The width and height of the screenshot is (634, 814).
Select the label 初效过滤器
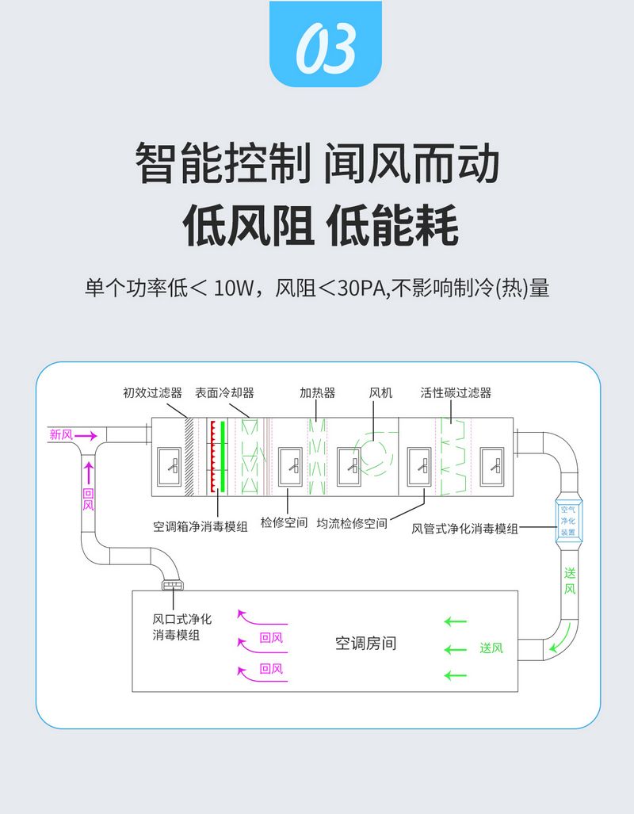(152, 392)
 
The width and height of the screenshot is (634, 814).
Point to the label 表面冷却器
(224, 392)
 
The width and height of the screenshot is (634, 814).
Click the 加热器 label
(317, 392)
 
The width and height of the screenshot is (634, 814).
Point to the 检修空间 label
(284, 524)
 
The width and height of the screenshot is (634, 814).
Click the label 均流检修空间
(352, 524)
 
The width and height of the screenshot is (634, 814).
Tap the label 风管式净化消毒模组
(464, 529)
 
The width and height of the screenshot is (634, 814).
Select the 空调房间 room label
(365, 644)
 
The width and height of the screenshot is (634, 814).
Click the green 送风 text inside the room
(491, 648)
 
